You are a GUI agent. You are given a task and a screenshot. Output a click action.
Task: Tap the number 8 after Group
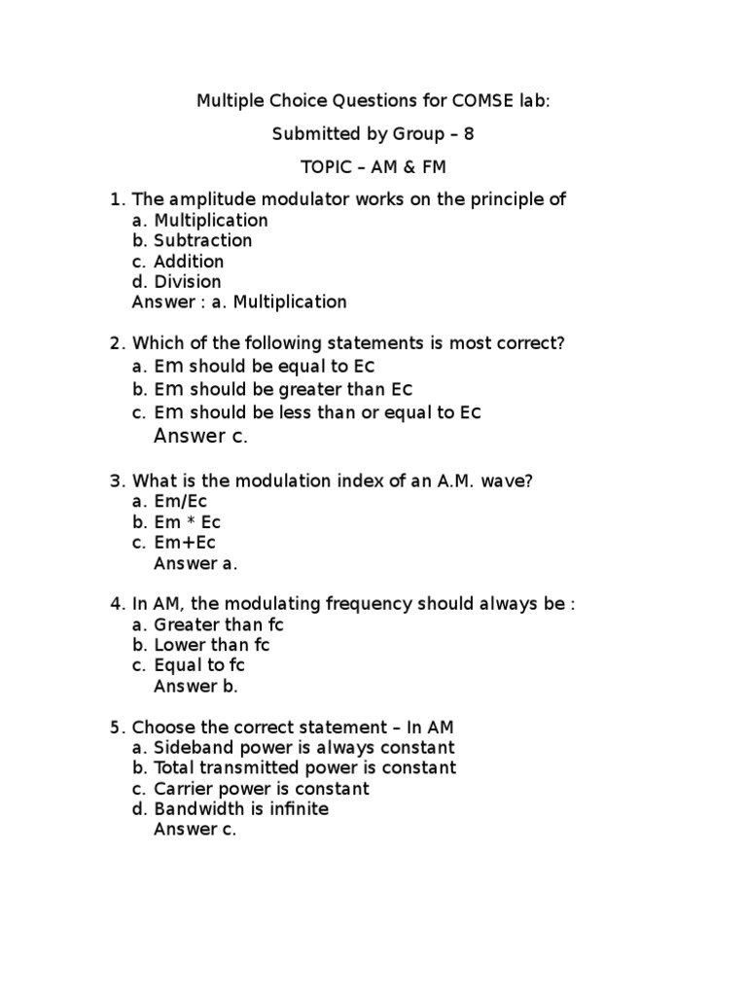469,133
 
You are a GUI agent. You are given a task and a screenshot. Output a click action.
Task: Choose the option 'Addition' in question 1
189,262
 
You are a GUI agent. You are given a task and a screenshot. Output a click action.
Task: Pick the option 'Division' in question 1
188,282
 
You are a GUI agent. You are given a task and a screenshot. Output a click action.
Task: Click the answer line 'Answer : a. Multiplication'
238,302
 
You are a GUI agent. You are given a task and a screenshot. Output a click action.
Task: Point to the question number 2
117,343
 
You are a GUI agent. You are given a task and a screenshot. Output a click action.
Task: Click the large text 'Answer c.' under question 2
201,436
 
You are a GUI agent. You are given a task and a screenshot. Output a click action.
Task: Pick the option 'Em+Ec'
185,543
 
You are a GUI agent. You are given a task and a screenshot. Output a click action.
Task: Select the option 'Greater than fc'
219,624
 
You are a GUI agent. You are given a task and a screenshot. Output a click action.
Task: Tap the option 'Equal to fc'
199,665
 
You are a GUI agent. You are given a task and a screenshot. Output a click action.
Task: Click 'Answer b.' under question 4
196,686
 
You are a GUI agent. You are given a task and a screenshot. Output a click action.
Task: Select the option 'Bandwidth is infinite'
241,809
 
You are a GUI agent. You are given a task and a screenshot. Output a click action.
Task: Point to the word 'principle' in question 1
486,199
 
